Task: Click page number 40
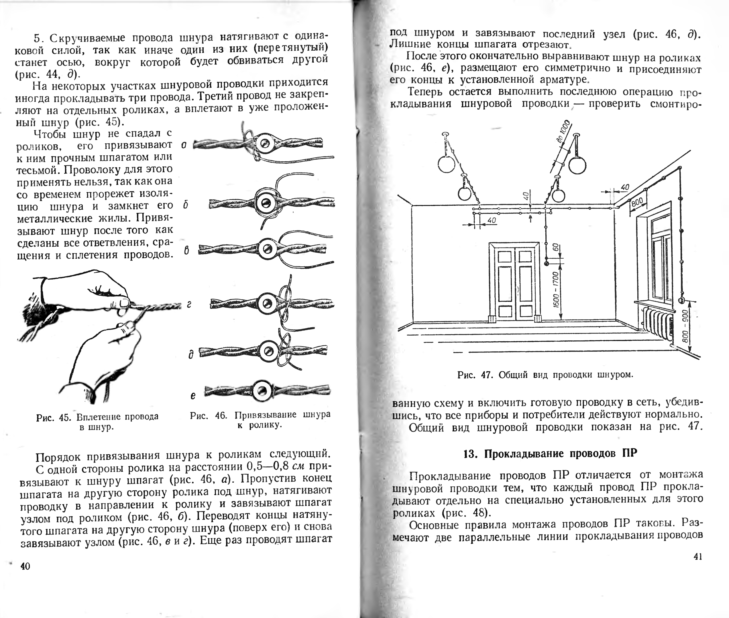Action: [25, 566]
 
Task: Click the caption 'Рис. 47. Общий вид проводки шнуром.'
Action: [545, 375]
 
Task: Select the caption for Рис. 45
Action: [97, 422]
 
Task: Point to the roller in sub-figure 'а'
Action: [265, 143]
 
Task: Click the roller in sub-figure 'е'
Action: [262, 390]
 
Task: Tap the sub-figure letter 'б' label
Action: [186, 205]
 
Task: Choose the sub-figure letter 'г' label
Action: [189, 305]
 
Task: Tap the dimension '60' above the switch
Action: [555, 247]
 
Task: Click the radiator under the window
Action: [657, 323]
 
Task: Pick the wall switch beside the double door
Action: [546, 263]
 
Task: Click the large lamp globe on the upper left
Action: [446, 164]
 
